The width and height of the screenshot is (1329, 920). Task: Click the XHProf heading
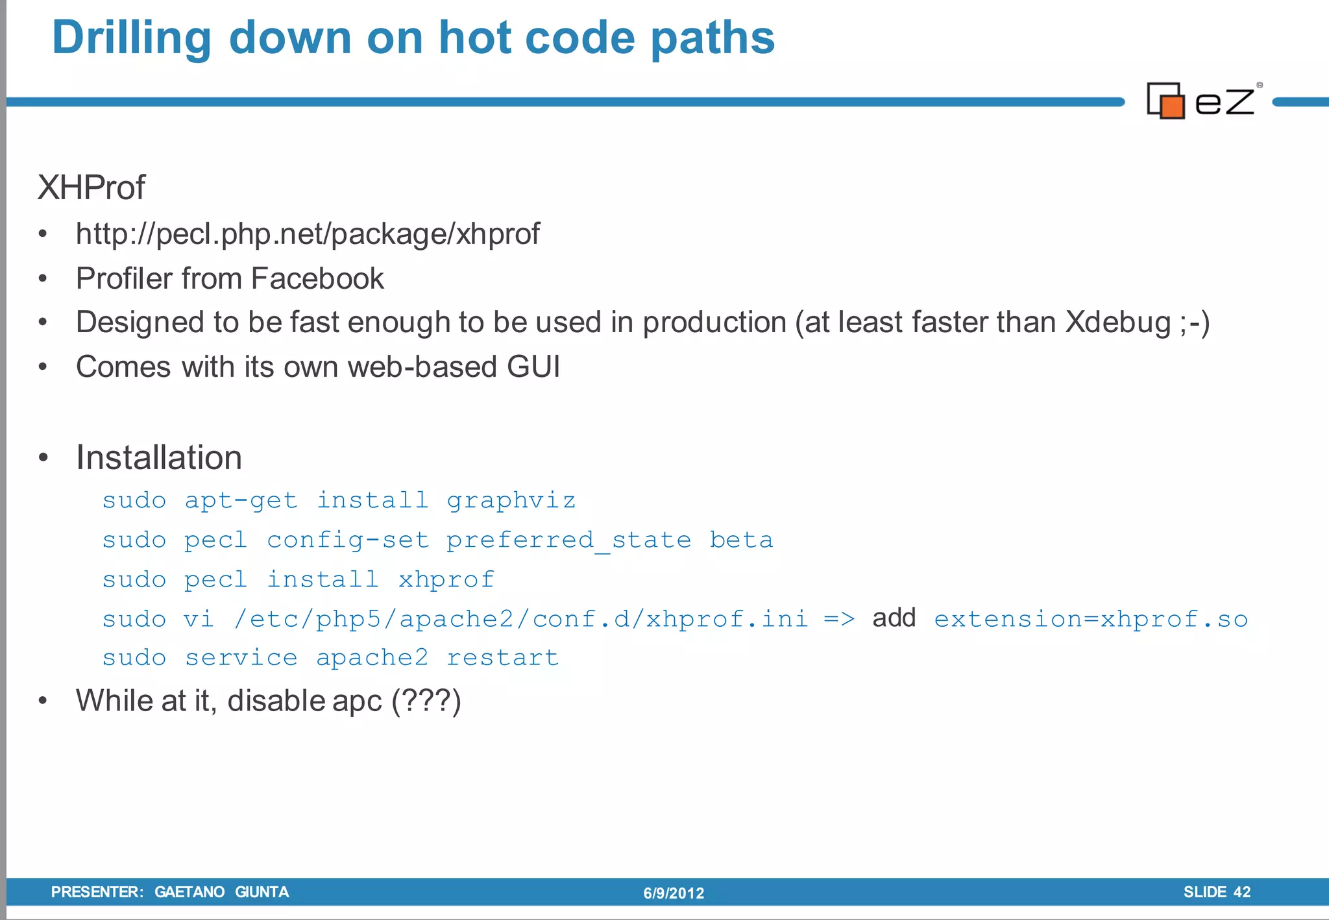pyautogui.click(x=91, y=188)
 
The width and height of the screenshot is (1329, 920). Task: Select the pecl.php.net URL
pyautogui.click(x=308, y=234)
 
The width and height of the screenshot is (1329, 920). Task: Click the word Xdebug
pyautogui.click(x=1118, y=322)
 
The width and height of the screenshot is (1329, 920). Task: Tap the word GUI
pyautogui.click(x=533, y=367)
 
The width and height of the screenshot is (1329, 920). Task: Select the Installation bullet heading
pyautogui.click(x=159, y=457)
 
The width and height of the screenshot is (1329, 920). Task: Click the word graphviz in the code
pyautogui.click(x=511, y=500)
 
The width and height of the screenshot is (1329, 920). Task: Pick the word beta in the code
pyautogui.click(x=741, y=540)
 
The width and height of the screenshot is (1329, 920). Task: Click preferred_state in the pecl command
pyautogui.click(x=568, y=540)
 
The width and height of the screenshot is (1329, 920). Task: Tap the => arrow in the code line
pyautogui.click(x=839, y=619)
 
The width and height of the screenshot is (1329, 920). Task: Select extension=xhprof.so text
pyautogui.click(x=1091, y=619)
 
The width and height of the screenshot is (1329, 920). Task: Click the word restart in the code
pyautogui.click(x=502, y=658)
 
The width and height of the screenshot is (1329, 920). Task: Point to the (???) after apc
pyautogui.click(x=426, y=701)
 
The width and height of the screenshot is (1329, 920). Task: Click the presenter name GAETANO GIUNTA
pyautogui.click(x=221, y=892)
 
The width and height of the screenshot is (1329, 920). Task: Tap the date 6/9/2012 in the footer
pyautogui.click(x=674, y=893)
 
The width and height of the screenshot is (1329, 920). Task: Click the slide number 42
pyautogui.click(x=1241, y=892)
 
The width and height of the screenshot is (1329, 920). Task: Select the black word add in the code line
pyautogui.click(x=894, y=618)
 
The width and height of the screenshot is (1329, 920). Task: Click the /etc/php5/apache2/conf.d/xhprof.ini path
pyautogui.click(x=521, y=619)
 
